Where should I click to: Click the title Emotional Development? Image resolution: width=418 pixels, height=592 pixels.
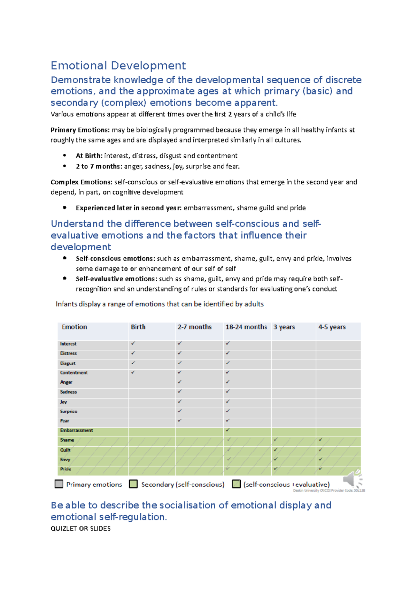click(118, 66)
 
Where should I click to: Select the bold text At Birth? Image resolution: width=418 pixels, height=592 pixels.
click(89, 156)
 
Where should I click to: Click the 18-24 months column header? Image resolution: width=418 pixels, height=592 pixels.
click(246, 327)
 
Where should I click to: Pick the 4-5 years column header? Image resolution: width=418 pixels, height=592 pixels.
click(332, 327)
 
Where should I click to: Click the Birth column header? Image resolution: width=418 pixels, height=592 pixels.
click(138, 327)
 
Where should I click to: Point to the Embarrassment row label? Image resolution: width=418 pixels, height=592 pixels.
click(76, 431)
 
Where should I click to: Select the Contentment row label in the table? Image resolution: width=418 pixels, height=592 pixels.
click(74, 373)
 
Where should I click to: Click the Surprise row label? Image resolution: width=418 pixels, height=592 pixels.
click(69, 411)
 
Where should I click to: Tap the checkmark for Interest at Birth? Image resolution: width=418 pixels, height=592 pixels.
click(133, 343)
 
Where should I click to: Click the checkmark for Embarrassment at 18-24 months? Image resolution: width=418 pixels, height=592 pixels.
click(228, 430)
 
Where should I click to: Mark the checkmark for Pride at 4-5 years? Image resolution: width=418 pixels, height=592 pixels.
click(320, 469)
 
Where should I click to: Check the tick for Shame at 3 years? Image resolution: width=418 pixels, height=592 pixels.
click(276, 440)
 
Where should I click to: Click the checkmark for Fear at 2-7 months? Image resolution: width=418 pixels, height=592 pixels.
click(180, 420)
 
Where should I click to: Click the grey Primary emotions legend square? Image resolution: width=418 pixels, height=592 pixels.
click(59, 484)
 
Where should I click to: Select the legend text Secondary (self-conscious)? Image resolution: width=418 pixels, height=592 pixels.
click(183, 484)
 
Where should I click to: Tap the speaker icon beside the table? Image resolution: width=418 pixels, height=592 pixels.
click(353, 479)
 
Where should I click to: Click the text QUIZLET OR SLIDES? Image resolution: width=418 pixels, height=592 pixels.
click(80, 529)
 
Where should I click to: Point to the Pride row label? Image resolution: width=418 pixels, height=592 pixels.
click(65, 469)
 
